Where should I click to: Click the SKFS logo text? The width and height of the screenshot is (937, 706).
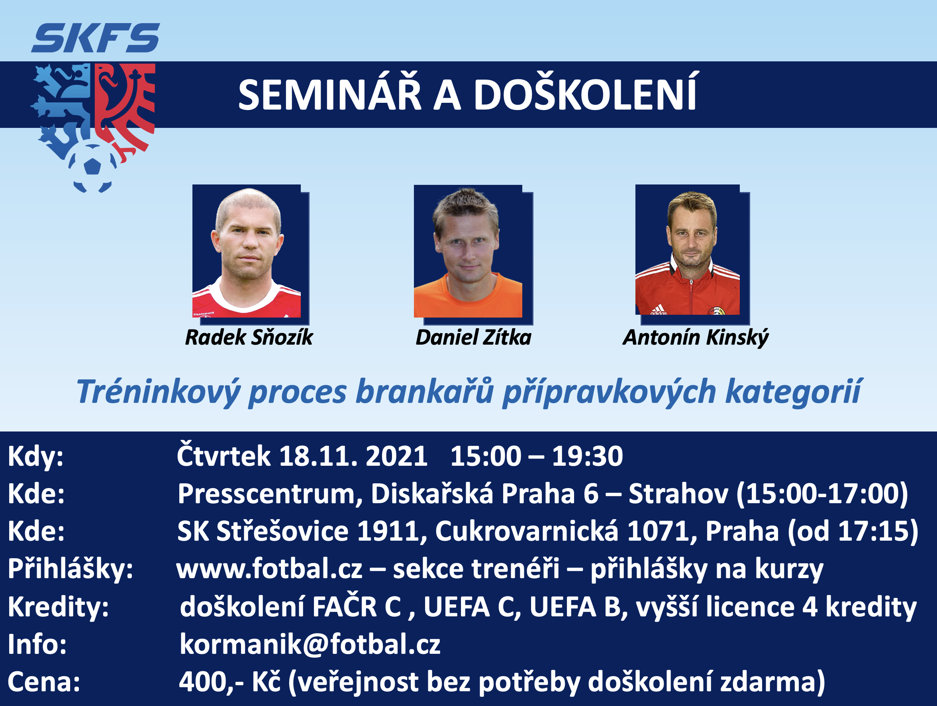point(96,38)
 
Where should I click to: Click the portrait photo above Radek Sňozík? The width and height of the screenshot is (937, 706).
point(247,251)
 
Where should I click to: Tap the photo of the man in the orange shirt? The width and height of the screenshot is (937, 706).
point(468,251)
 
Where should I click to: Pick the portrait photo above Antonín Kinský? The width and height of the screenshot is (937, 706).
point(688,250)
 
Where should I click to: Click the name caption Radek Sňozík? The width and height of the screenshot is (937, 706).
point(249,337)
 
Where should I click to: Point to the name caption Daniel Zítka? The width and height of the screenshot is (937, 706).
point(473,337)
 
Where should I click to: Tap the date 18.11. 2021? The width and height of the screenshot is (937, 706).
point(353,457)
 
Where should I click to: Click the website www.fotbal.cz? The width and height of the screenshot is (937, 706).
point(269,569)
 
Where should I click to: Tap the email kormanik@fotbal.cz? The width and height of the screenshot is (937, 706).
point(310,644)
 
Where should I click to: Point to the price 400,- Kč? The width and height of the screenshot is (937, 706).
point(229,681)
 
